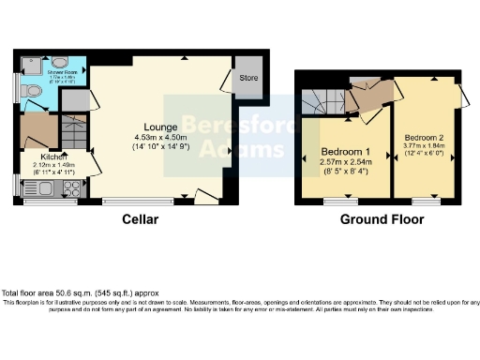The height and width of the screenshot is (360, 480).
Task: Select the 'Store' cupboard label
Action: [x=248, y=78]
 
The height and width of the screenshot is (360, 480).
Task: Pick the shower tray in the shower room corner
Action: [x=28, y=65]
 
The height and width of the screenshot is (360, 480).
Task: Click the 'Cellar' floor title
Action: [x=140, y=220]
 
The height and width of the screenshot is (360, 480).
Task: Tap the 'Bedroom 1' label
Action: [x=346, y=152]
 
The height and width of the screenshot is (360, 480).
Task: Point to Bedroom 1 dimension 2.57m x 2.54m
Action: [x=346, y=163]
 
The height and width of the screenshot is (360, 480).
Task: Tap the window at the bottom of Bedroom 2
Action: [x=425, y=200]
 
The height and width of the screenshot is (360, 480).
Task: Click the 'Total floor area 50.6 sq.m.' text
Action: [x=74, y=293]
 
